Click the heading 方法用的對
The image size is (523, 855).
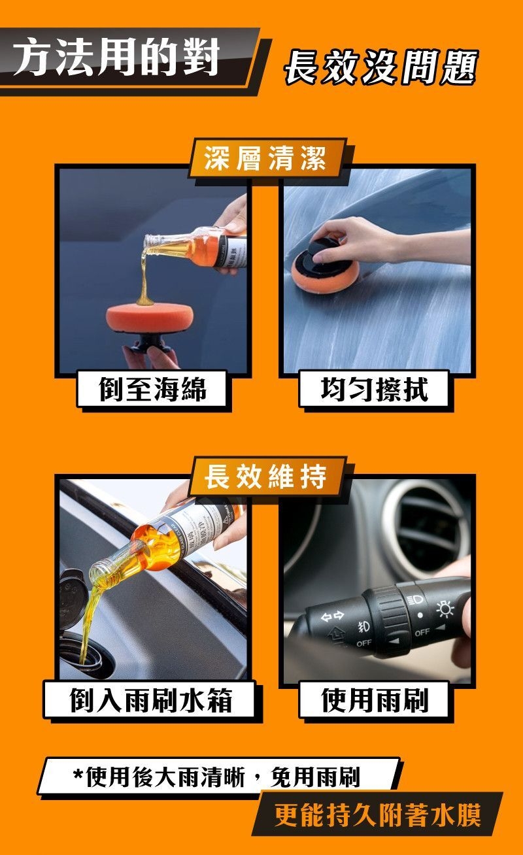click(116, 58)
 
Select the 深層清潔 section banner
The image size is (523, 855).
click(265, 158)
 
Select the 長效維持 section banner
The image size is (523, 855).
click(265, 477)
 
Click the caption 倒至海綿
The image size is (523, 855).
click(152, 389)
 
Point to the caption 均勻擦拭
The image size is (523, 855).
click(374, 389)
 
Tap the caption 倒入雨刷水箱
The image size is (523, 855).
click(151, 701)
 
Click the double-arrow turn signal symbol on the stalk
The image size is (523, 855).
click(332, 615)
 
